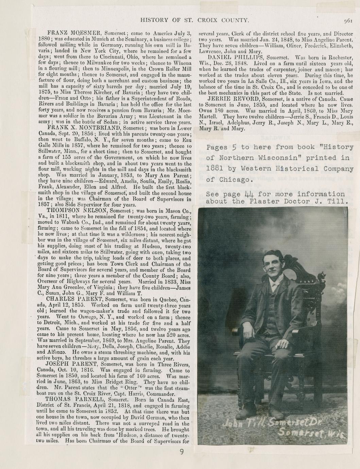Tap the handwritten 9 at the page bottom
coord(182,452)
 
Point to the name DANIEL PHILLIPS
coord(234,57)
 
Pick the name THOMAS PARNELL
coord(70,400)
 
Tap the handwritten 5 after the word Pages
coord(234,147)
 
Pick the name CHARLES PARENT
coord(74,299)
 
